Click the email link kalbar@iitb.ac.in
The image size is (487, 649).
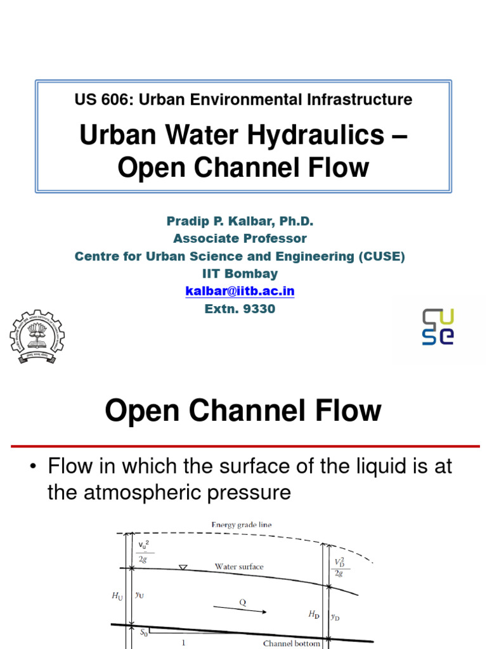point(240,292)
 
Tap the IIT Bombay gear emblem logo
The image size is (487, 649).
point(37,337)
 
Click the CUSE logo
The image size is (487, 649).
point(438,326)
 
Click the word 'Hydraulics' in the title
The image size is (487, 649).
point(321,135)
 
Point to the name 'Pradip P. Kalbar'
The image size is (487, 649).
point(218,221)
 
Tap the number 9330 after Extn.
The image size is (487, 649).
point(261,309)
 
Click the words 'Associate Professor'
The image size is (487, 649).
point(240,239)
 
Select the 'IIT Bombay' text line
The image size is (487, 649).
point(240,274)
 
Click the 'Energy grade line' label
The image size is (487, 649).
point(242,525)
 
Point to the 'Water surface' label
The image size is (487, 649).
point(238,567)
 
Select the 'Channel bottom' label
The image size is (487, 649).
point(292,643)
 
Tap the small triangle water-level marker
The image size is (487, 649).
point(183,567)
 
